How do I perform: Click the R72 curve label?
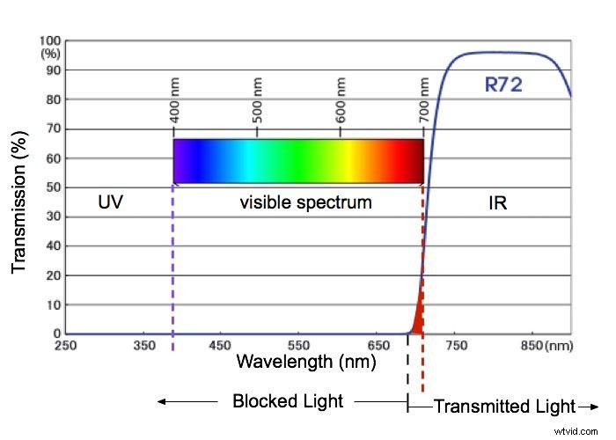(503, 85)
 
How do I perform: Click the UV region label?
(109, 202)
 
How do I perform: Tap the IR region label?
(497, 202)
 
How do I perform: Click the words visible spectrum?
(305, 202)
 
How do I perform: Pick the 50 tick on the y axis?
(53, 187)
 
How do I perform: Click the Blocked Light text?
(287, 402)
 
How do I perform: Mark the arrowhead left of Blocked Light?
(162, 402)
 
